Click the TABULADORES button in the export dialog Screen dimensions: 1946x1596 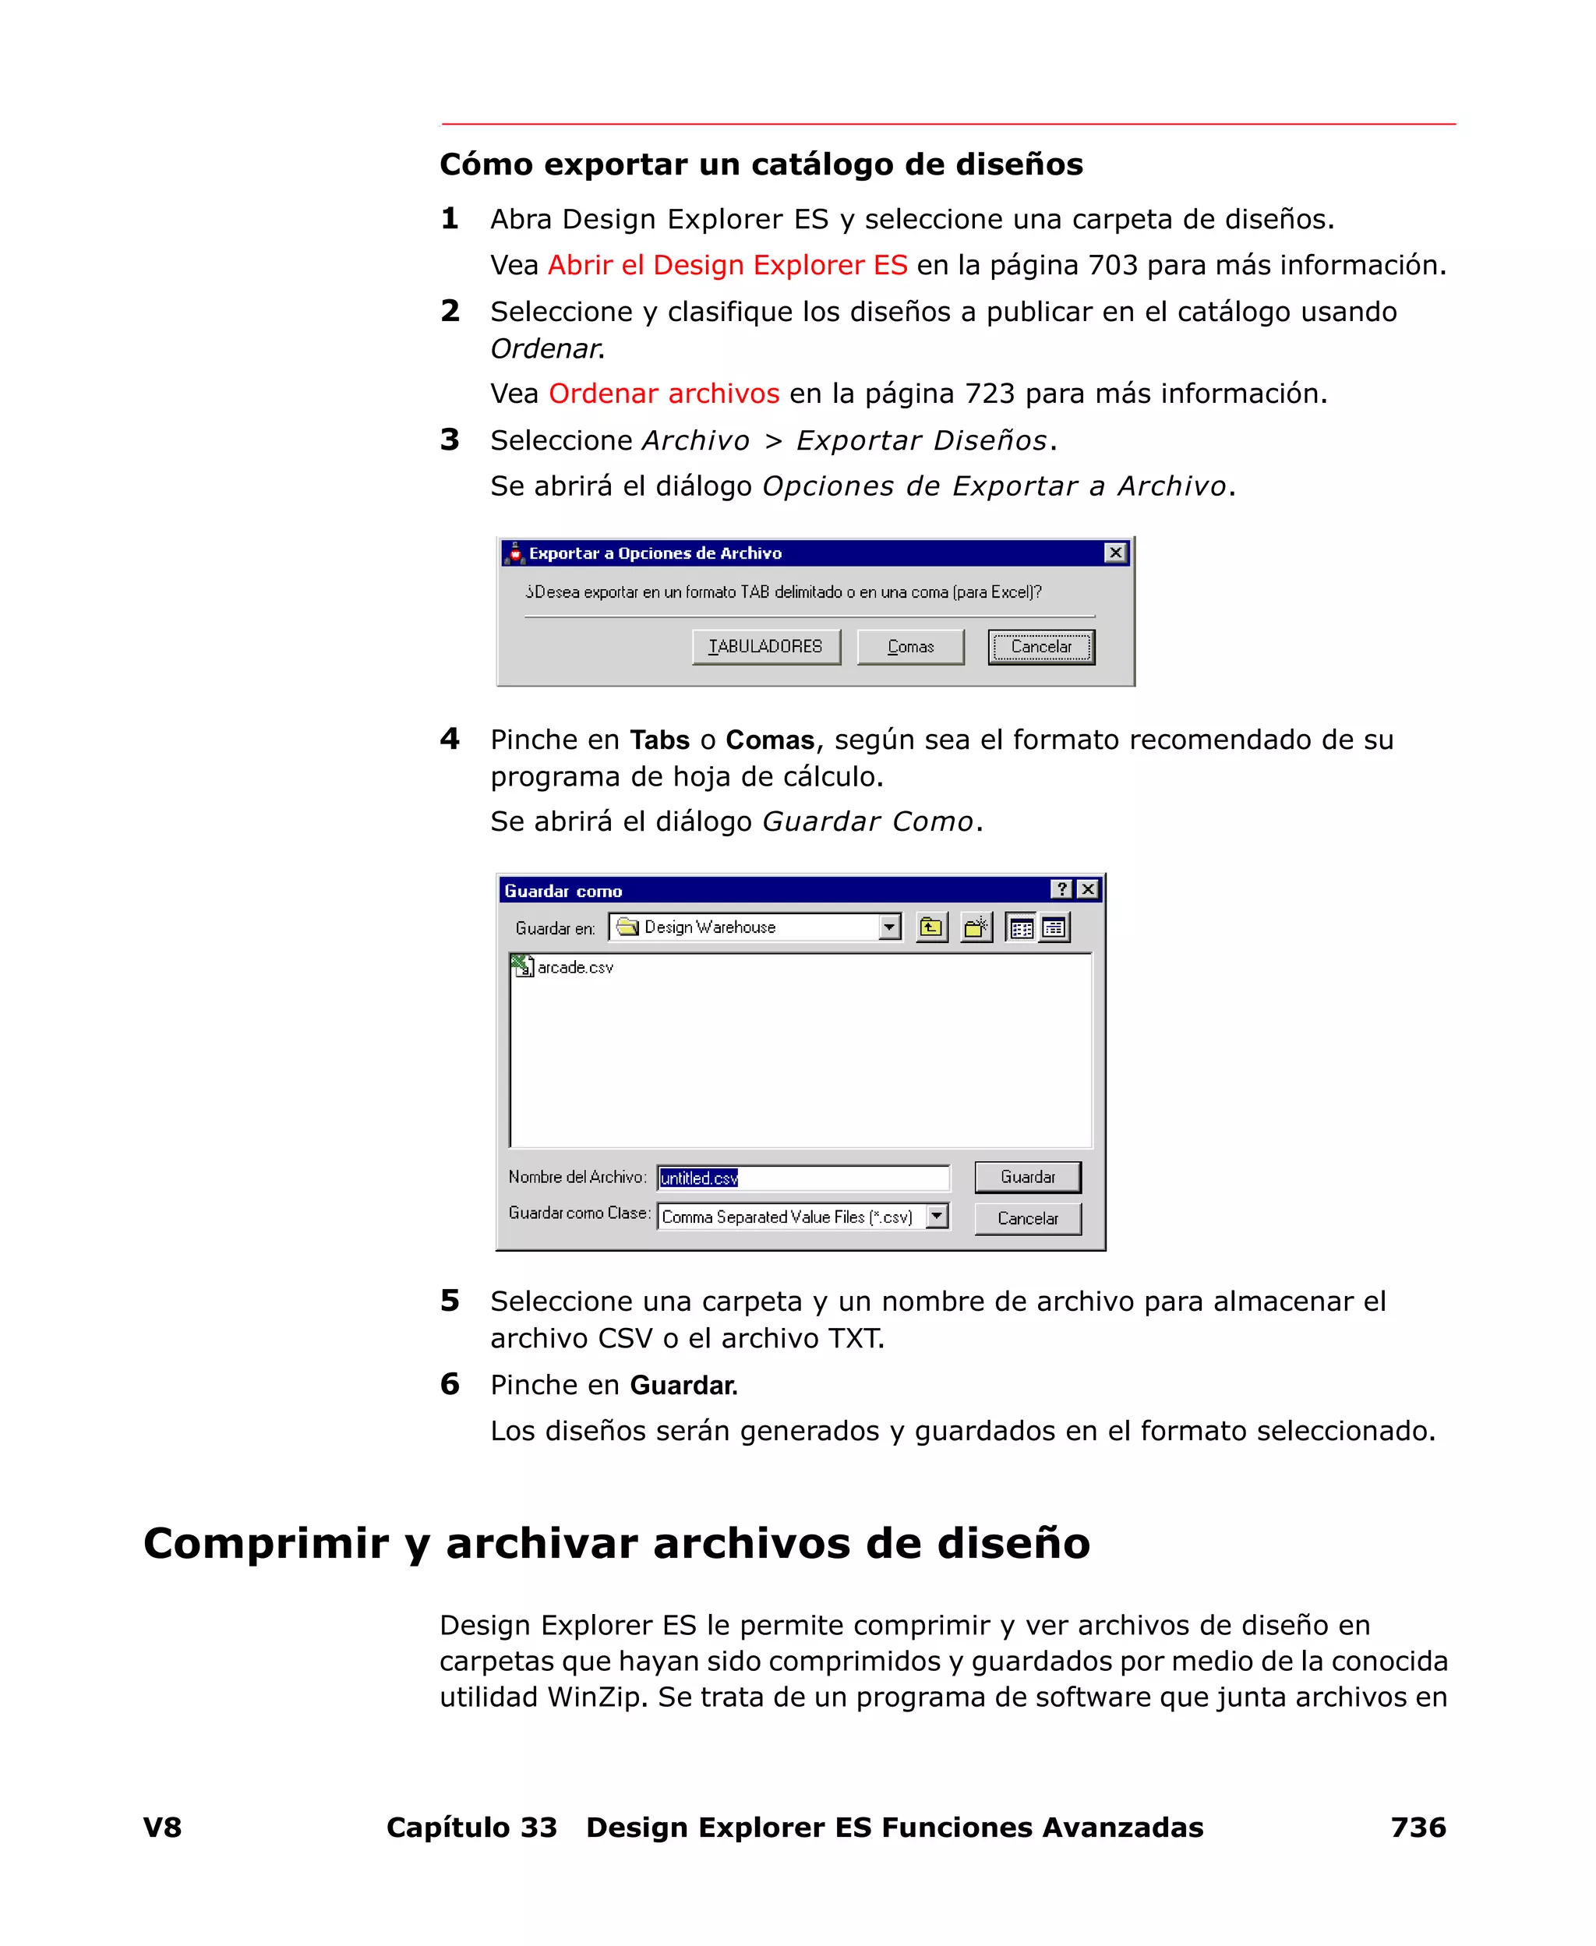(765, 646)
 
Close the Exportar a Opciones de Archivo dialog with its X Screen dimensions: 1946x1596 (1115, 553)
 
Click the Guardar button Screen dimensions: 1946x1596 (1027, 1177)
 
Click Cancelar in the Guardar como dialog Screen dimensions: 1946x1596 (1027, 1218)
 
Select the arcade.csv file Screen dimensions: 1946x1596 (574, 967)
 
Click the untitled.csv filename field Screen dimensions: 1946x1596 (803, 1178)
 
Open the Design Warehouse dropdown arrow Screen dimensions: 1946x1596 (888, 927)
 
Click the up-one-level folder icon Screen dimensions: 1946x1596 (931, 927)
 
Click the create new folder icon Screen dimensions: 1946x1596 (976, 927)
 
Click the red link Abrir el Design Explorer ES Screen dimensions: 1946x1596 (727, 265)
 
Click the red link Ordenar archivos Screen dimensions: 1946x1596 (664, 394)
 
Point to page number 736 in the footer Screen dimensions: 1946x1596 (1418, 1827)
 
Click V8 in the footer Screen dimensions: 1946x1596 (163, 1827)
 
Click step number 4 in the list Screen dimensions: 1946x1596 (450, 738)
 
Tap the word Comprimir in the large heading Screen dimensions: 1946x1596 (266, 1542)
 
